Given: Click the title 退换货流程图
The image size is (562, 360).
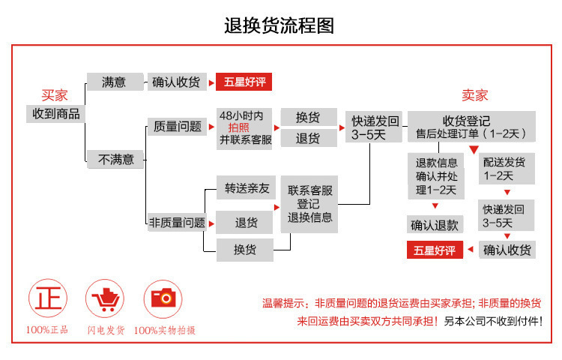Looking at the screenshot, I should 280,25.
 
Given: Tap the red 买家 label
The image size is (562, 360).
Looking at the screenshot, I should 55,96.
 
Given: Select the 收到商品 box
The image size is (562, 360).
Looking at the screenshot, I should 55,114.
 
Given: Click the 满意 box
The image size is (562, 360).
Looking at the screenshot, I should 114,82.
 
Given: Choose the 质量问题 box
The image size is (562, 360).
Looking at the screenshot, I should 178,127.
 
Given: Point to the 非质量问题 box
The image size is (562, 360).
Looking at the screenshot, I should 177,222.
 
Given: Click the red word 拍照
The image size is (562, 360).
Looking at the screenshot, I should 239,127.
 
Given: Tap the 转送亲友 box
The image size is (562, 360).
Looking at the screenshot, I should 245,188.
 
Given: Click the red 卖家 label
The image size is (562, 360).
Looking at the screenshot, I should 474,95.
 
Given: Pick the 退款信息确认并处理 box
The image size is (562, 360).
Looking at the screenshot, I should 436,176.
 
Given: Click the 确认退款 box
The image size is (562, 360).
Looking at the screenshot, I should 435,224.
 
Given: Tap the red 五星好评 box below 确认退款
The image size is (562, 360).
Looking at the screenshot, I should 435,250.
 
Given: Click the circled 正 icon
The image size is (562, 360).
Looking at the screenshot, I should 46,298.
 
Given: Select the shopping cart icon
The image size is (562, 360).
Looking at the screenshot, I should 106,298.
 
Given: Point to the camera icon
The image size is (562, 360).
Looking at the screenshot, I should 164,298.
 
